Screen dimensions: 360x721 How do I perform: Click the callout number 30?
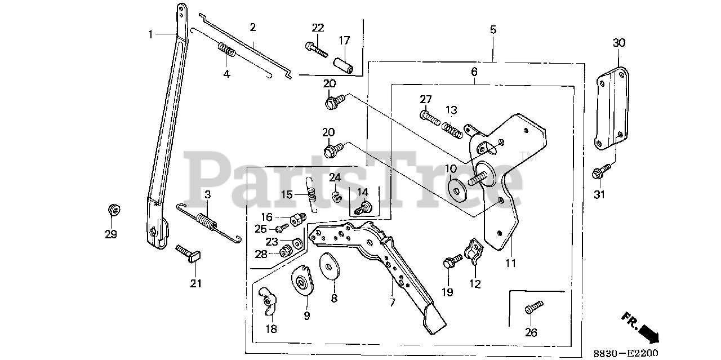coord(619,43)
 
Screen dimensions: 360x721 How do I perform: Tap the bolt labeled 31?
coord(601,171)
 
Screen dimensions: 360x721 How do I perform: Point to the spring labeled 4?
coord(226,55)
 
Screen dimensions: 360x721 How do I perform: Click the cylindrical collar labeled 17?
coord(344,64)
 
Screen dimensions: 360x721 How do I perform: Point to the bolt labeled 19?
coord(452,262)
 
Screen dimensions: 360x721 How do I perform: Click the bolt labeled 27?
coord(429,117)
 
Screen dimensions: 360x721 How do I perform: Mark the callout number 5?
coord(493,29)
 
